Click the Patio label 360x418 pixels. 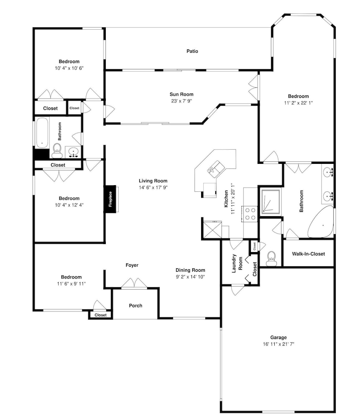(x=192, y=51)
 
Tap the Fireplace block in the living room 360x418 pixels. (x=110, y=199)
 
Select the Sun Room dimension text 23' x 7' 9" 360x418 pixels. (x=181, y=101)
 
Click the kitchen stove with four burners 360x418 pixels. (x=250, y=214)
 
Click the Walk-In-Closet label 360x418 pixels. (x=308, y=254)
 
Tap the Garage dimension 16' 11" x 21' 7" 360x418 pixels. (x=278, y=344)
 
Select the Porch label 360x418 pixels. (x=135, y=306)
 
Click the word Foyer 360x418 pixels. (x=132, y=265)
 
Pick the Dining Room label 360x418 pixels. (x=190, y=270)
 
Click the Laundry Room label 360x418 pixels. (x=237, y=263)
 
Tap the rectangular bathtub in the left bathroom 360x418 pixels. (x=42, y=133)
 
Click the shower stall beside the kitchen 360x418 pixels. (x=271, y=201)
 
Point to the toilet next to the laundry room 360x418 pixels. (x=271, y=258)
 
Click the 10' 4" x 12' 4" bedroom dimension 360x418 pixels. (x=69, y=205)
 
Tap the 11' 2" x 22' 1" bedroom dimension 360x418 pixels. (x=298, y=103)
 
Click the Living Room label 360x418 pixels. (x=153, y=181)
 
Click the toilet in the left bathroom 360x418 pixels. (x=57, y=150)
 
